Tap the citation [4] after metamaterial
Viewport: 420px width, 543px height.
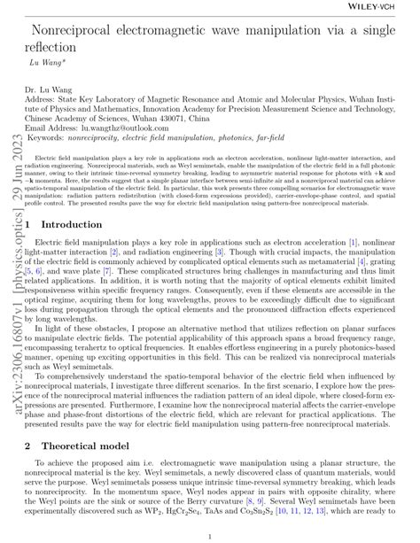click(x=360, y=262)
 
